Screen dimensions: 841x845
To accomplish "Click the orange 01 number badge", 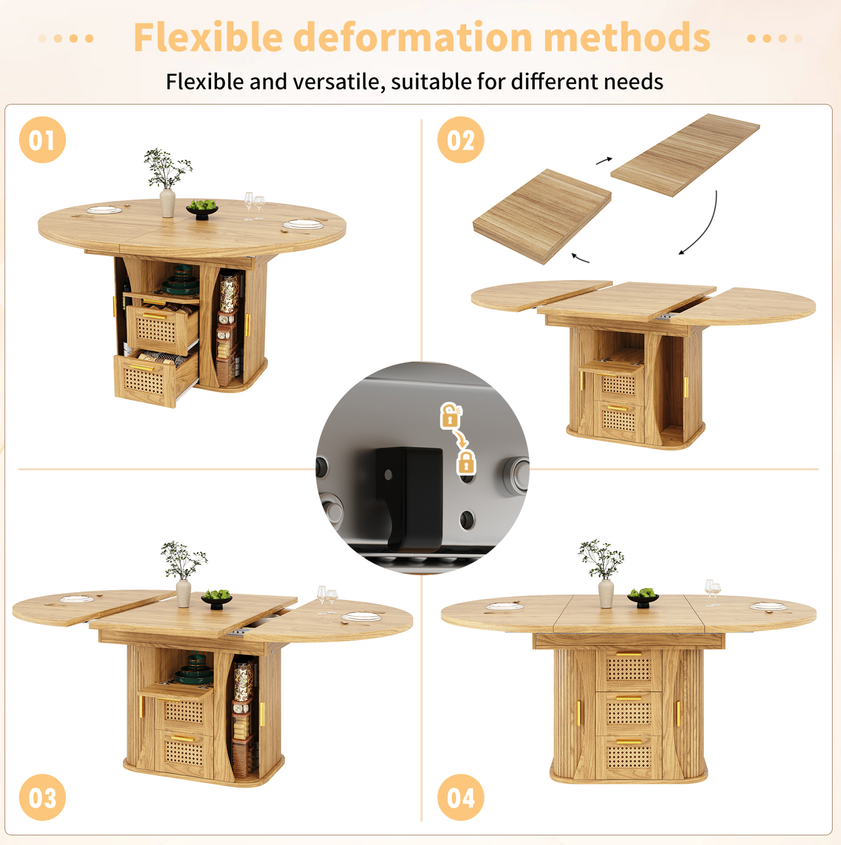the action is point(43,140).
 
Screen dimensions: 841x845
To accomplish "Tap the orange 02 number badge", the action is point(461,140).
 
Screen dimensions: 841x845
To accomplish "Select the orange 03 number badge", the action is point(43,797).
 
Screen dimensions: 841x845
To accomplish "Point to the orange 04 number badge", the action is point(461,797).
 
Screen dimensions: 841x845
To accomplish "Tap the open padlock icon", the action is point(450,415).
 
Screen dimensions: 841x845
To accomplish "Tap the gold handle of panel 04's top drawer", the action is point(629,654).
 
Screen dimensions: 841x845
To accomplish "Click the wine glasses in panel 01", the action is point(254,205).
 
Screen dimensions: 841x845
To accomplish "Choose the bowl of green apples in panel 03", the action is point(217,599).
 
